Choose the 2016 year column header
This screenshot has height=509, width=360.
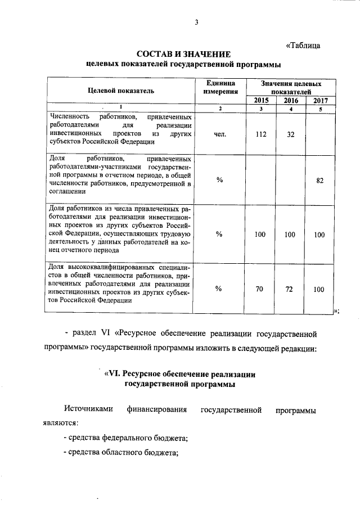290,100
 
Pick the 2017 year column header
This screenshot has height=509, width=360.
320,100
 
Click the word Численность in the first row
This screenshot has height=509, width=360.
69,116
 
